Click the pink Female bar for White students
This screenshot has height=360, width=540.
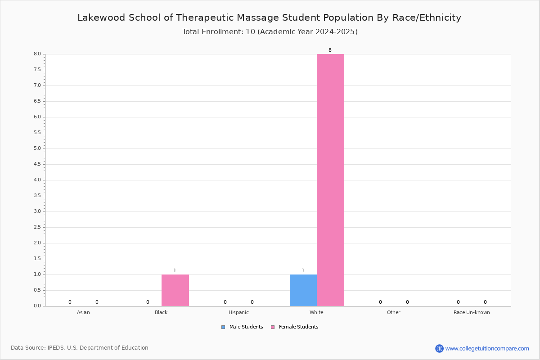click(330, 180)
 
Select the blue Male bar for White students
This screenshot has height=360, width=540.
click(303, 290)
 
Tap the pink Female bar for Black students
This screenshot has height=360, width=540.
click(175, 290)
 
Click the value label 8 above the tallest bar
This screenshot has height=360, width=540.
click(330, 50)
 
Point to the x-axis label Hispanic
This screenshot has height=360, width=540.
click(238, 312)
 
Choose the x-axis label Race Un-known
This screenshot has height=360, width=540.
click(472, 312)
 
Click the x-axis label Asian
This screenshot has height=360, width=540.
click(83, 312)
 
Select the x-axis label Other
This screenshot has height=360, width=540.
click(393, 312)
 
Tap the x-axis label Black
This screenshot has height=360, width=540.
click(161, 312)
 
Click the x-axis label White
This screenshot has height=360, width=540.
click(316, 312)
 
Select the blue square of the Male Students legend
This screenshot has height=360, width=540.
click(223, 327)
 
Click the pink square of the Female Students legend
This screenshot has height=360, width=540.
click(273, 327)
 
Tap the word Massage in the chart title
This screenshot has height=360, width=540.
click(257, 18)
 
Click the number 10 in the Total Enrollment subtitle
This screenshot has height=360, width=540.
click(250, 32)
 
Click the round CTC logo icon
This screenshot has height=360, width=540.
click(439, 348)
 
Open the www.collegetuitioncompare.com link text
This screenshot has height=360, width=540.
click(487, 349)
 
